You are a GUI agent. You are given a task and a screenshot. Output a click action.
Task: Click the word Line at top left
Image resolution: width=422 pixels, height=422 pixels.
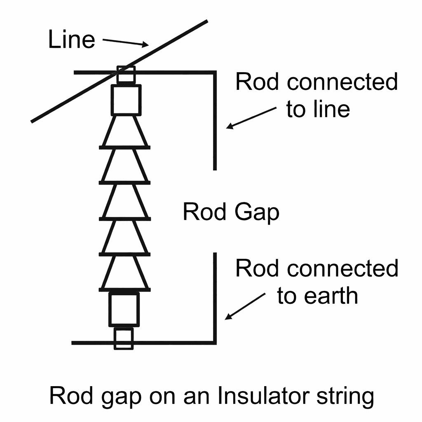click(x=71, y=40)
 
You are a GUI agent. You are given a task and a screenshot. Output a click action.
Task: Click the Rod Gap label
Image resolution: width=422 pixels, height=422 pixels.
click(x=231, y=213)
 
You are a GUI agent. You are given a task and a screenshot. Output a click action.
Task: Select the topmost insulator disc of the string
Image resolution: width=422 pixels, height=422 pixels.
click(x=124, y=131)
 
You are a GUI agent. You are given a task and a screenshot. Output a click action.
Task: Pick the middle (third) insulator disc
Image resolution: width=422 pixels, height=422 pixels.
click(x=124, y=202)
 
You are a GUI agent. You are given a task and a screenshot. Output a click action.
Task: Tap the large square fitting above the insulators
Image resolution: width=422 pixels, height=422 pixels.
click(x=126, y=99)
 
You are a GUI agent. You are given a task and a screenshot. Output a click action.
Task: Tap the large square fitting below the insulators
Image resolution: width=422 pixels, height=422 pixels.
click(x=124, y=309)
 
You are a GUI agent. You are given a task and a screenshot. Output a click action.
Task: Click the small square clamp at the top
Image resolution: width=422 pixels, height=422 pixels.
click(x=126, y=74)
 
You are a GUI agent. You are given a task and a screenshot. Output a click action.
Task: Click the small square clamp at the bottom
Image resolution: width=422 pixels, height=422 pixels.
click(x=124, y=339)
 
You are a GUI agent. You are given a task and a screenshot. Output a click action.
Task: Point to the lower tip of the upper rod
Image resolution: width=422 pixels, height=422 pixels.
click(x=215, y=168)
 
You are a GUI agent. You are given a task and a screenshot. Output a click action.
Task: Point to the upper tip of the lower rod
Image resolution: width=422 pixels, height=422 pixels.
click(x=215, y=254)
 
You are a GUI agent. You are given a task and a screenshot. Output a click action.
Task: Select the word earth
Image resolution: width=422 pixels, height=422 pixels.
click(x=334, y=295)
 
